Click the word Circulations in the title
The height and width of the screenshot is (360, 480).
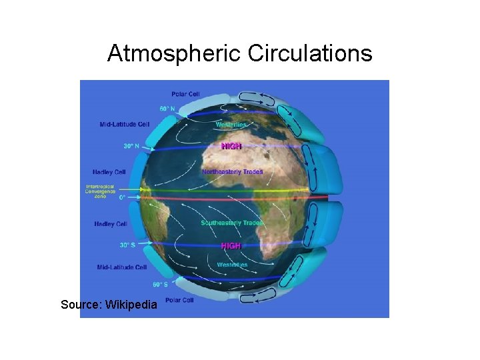point(309,53)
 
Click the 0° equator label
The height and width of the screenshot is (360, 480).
point(122,197)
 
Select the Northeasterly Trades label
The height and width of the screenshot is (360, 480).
point(232,171)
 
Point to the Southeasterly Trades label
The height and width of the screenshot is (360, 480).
point(231,223)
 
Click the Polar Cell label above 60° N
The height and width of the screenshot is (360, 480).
point(185,94)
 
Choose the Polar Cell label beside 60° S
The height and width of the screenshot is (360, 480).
point(179,301)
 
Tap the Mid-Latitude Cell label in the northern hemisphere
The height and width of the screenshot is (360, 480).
point(125,124)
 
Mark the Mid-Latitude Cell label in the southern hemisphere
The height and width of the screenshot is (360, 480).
point(122,267)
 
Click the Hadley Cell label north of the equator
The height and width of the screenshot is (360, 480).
point(110,172)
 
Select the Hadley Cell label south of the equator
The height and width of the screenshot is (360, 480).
point(111,224)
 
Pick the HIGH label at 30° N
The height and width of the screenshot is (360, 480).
point(231,146)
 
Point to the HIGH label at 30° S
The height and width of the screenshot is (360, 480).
point(231,246)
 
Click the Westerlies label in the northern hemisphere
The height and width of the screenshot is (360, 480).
point(231,124)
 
